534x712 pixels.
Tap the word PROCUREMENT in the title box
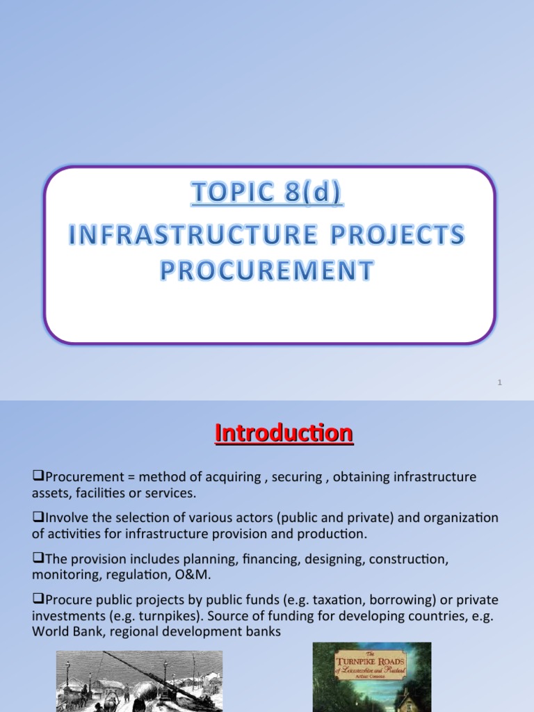click(x=267, y=270)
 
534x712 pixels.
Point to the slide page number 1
click(x=500, y=382)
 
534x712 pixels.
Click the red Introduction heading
click(x=284, y=433)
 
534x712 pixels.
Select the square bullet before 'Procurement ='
click(x=39, y=476)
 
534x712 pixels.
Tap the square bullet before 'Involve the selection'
click(x=39, y=517)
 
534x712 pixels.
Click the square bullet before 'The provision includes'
click(x=39, y=558)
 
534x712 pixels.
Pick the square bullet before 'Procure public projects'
click(x=39, y=599)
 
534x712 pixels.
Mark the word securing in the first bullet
click(x=293, y=477)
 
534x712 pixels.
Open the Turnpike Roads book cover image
click(x=371, y=677)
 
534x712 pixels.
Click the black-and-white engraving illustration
click(x=139, y=681)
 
